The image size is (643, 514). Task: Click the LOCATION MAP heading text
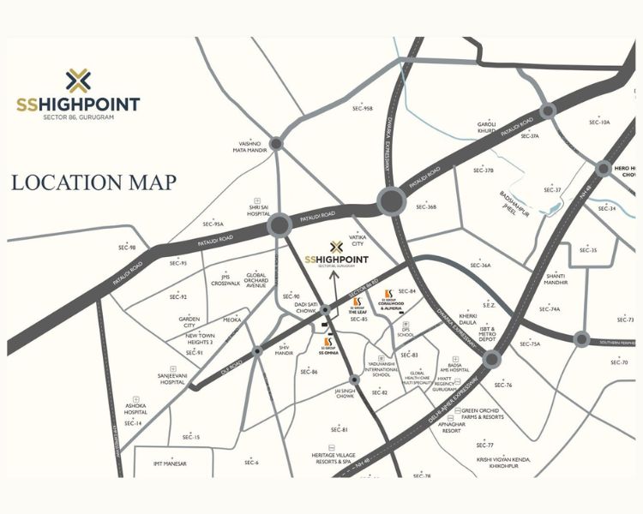click(93, 182)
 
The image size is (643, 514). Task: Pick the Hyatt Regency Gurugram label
click(444, 385)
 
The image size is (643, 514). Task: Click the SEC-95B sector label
click(362, 109)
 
